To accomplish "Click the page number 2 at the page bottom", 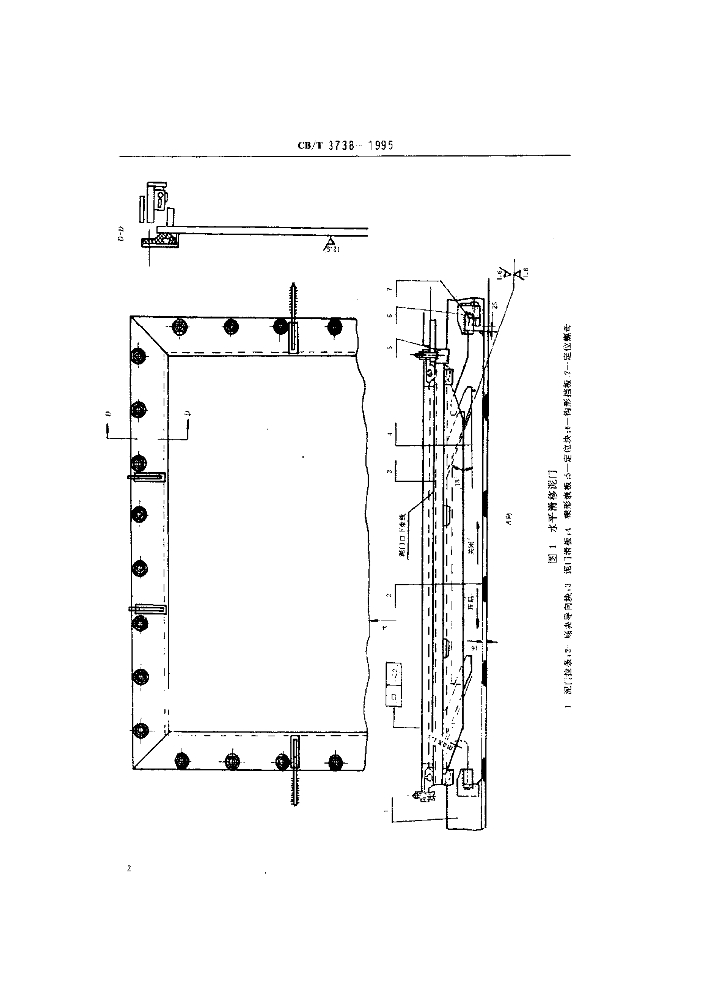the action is point(128,868).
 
